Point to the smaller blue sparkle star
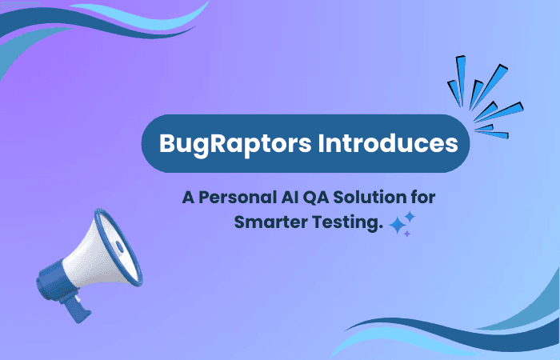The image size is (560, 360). click(x=410, y=216)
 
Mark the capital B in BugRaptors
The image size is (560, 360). click(x=168, y=144)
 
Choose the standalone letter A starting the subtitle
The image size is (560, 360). click(x=188, y=197)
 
